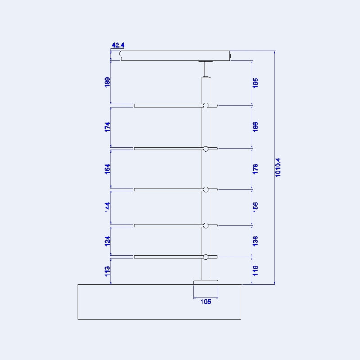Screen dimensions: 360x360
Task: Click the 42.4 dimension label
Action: [118, 45]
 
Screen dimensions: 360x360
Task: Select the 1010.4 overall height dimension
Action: [278, 167]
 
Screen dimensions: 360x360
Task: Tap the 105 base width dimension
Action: [206, 302]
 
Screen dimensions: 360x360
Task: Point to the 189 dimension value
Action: [107, 82]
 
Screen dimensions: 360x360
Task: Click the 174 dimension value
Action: [107, 126]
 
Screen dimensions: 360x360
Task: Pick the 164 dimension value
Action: [107, 169]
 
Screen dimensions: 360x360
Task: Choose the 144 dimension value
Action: [107, 207]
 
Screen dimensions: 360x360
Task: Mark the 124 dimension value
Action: [107, 241]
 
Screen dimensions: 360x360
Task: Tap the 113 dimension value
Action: [107, 271]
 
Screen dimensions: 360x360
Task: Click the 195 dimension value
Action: [256, 83]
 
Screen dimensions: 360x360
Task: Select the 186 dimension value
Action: [256, 127]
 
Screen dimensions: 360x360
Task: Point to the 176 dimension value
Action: [256, 169]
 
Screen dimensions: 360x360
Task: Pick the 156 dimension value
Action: [256, 207]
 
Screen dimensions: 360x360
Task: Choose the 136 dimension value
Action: [256, 241]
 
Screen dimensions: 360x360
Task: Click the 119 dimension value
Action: [256, 271]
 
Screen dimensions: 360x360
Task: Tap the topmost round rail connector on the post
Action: [206, 106]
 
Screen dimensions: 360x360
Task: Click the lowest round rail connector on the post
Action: [206, 257]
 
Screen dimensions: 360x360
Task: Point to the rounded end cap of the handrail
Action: [229, 56]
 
